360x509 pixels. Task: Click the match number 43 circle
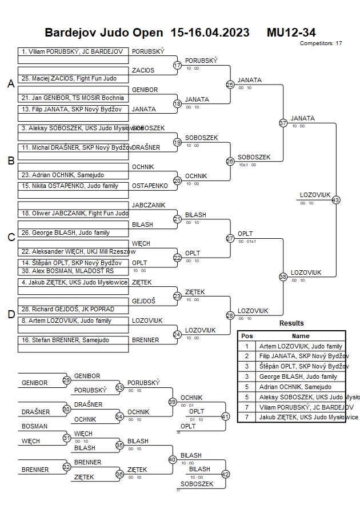(335, 200)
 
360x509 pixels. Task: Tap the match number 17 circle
(177, 66)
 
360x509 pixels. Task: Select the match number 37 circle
(283, 123)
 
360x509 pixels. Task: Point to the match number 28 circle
(230, 315)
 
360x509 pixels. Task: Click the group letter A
(11, 84)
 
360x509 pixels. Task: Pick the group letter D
(11, 314)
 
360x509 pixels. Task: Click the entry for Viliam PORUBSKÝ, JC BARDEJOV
(72, 51)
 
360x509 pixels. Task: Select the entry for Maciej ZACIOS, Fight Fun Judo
(69, 78)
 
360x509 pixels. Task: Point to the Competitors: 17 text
(321, 43)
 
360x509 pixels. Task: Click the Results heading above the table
(291, 323)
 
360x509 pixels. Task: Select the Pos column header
(247, 336)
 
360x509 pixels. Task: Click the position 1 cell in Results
(247, 346)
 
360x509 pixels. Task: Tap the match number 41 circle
(225, 416)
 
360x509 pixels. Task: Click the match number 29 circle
(67, 380)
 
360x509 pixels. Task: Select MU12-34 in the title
(291, 33)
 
